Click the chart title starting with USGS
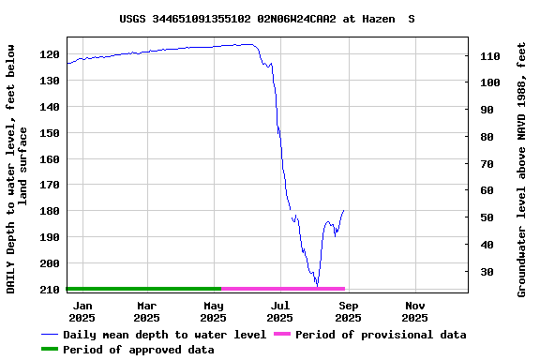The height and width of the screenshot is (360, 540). (x=267, y=18)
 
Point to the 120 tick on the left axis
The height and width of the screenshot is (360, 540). (x=48, y=54)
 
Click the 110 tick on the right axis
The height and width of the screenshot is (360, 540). (x=490, y=56)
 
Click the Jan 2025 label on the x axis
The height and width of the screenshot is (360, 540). (x=82, y=311)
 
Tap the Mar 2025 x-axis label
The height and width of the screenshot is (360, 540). (x=147, y=311)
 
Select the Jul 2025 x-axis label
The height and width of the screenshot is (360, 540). (x=280, y=311)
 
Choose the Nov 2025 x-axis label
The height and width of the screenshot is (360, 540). (x=415, y=311)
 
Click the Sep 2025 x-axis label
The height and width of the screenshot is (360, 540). (x=348, y=311)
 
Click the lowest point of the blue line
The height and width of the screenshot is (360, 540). (x=317, y=285)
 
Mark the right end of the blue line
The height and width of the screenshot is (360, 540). (x=344, y=210)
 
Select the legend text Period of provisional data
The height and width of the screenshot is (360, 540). (x=381, y=335)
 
